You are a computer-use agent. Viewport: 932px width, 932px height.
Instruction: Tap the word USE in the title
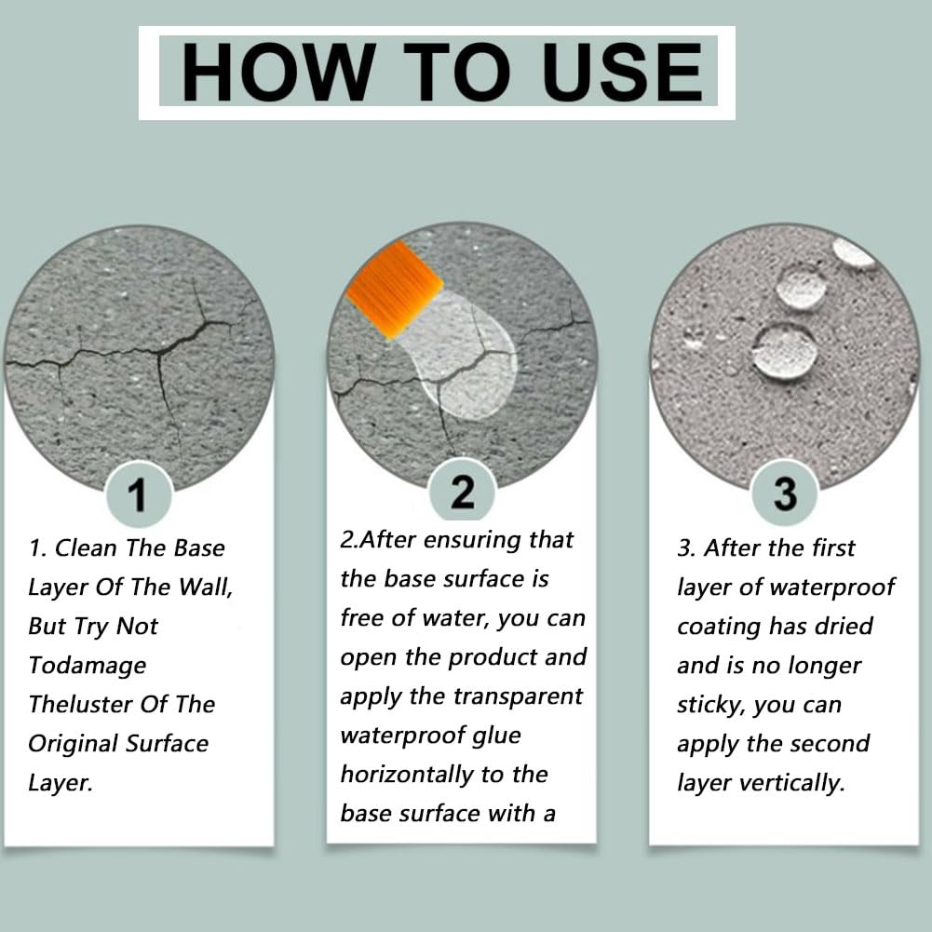pyautogui.click(x=622, y=72)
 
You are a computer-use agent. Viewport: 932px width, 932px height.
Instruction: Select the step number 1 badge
pyautogui.click(x=139, y=494)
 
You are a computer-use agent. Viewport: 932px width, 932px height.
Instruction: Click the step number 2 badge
pyautogui.click(x=462, y=492)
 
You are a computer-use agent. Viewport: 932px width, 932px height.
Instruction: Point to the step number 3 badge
pyautogui.click(x=785, y=493)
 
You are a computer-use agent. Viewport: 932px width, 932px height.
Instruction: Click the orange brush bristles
pyautogui.click(x=395, y=289)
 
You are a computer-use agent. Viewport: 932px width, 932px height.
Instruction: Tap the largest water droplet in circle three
pyautogui.click(x=784, y=352)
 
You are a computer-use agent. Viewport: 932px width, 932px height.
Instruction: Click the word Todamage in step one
pyautogui.click(x=88, y=666)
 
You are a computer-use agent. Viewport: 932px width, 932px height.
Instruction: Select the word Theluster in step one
pyautogui.click(x=80, y=704)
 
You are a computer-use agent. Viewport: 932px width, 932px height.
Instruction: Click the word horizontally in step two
pyautogui.click(x=407, y=775)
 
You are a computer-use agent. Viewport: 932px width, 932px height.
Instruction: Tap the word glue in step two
pyautogui.click(x=496, y=736)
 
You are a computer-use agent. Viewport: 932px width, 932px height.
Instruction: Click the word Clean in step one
pyautogui.click(x=86, y=548)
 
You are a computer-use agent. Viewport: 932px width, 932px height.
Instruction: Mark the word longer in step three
pyautogui.click(x=823, y=666)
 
